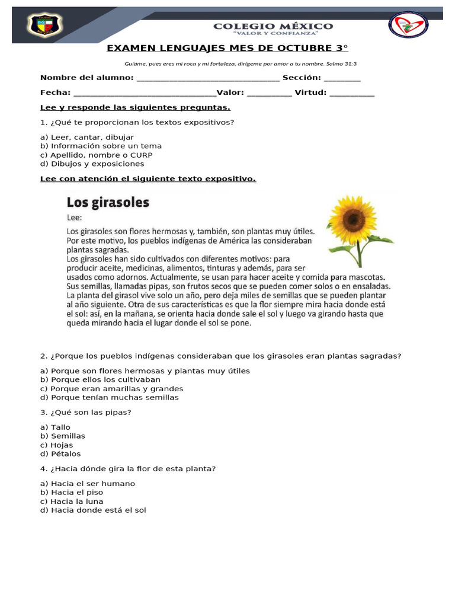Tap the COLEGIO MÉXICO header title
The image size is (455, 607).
click(273, 27)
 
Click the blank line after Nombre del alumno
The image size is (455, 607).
click(208, 78)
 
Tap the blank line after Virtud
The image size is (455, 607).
click(352, 93)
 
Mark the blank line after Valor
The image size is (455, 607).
click(270, 93)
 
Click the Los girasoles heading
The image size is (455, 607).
click(108, 203)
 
